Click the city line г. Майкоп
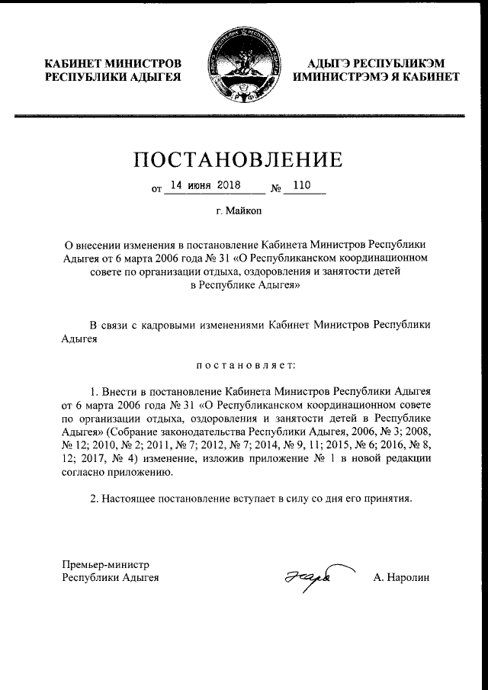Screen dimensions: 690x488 [243, 210]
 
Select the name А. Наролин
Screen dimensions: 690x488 [401, 579]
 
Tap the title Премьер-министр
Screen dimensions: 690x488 [105, 564]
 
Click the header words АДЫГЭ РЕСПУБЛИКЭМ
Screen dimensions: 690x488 [376, 63]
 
